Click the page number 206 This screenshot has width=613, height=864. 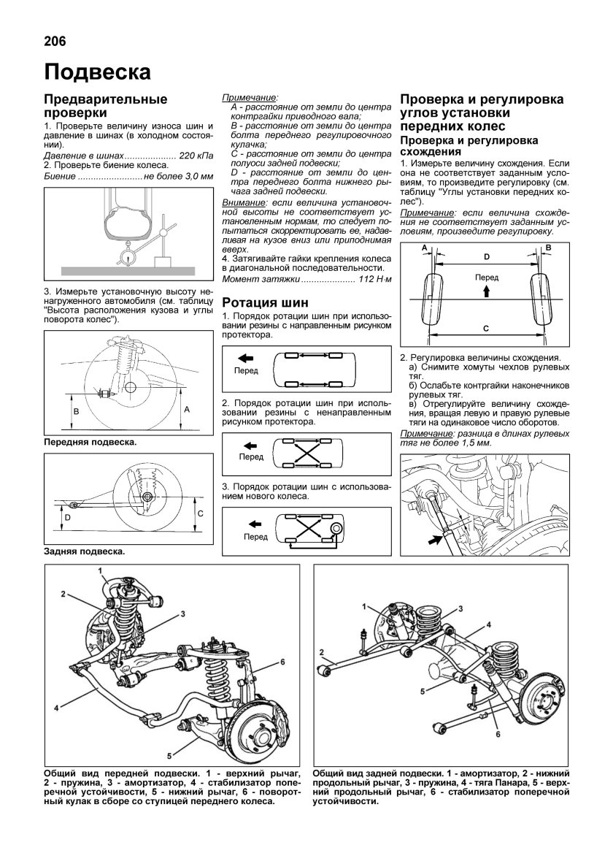point(54,42)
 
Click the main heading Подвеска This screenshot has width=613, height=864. point(97,72)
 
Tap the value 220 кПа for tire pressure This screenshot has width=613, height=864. point(196,156)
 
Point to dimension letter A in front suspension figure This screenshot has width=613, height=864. point(187,410)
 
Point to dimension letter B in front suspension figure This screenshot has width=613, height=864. point(77,412)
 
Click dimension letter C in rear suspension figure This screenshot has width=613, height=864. point(199,513)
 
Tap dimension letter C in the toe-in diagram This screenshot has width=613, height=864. point(486,329)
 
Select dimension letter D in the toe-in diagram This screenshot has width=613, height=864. point(486,256)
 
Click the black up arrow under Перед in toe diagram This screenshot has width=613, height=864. point(486,290)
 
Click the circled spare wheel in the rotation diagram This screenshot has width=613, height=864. point(336,527)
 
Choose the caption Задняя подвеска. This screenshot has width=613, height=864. point(84,551)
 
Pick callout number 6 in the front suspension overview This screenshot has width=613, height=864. point(280,662)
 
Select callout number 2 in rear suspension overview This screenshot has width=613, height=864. point(321,651)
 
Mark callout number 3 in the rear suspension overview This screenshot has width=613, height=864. point(462,608)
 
